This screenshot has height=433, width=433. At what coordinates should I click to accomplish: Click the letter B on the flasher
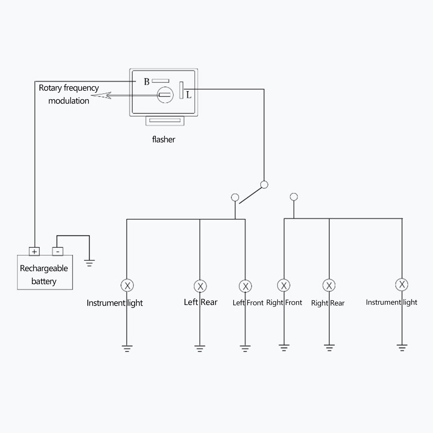click(x=147, y=81)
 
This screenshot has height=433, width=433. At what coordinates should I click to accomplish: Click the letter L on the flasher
click(x=189, y=95)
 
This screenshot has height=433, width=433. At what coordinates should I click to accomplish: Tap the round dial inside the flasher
click(x=165, y=95)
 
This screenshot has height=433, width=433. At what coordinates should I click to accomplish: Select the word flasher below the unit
click(x=163, y=139)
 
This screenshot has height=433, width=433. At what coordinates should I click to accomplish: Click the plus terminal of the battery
click(x=34, y=251)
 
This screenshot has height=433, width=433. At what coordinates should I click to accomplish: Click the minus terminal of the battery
click(x=58, y=251)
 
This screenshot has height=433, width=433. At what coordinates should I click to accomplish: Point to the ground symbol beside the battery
click(x=89, y=263)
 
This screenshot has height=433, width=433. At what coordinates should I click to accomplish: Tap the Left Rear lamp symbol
click(x=200, y=286)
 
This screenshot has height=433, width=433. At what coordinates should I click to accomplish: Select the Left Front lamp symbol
click(x=245, y=286)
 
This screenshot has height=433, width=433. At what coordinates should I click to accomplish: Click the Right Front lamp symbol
click(x=284, y=285)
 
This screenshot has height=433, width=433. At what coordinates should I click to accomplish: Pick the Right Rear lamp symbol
click(x=329, y=285)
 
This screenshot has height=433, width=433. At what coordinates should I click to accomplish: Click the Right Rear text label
click(x=328, y=303)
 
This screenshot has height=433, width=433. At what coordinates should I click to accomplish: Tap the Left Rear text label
click(x=201, y=302)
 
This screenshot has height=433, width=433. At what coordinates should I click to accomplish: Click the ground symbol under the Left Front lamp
click(x=245, y=348)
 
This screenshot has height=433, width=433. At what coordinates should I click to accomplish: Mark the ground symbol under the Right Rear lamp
click(x=329, y=347)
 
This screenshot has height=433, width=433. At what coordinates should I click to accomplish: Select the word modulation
click(x=69, y=101)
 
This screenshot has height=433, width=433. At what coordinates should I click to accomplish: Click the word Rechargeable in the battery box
click(x=44, y=268)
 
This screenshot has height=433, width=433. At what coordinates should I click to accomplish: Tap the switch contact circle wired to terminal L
click(x=264, y=185)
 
